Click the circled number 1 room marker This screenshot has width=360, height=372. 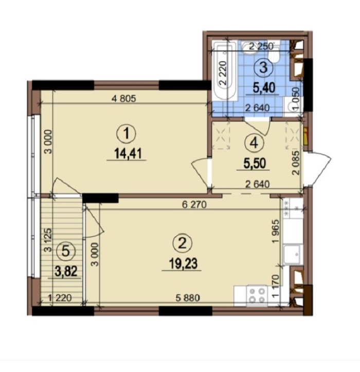[x=126, y=133]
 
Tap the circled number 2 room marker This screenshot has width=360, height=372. [x=183, y=244]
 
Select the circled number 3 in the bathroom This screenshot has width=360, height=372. [x=263, y=67]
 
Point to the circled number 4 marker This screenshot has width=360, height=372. [x=254, y=143]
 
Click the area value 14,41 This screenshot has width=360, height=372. [x=128, y=153]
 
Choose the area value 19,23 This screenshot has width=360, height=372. [x=183, y=263]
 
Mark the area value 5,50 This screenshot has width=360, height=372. [x=255, y=164]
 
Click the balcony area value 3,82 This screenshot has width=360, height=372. [x=66, y=271]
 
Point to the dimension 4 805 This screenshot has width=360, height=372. [x=123, y=98]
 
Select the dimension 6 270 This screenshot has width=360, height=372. [x=194, y=204]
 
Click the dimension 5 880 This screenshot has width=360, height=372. [x=188, y=298]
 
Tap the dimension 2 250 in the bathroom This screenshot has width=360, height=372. [x=261, y=46]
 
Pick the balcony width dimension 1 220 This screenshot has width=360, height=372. [x=60, y=298]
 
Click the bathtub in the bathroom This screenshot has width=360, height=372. [x=225, y=71]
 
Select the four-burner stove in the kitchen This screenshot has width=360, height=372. [x=257, y=295]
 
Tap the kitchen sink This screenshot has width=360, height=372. [x=293, y=255]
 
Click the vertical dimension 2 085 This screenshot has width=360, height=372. [x=296, y=163]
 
